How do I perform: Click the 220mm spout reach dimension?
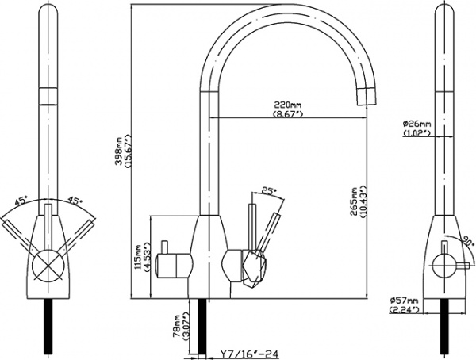[286, 105]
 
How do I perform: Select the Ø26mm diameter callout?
[416, 124]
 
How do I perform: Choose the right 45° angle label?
[76, 201]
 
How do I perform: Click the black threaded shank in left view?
[45, 325]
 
